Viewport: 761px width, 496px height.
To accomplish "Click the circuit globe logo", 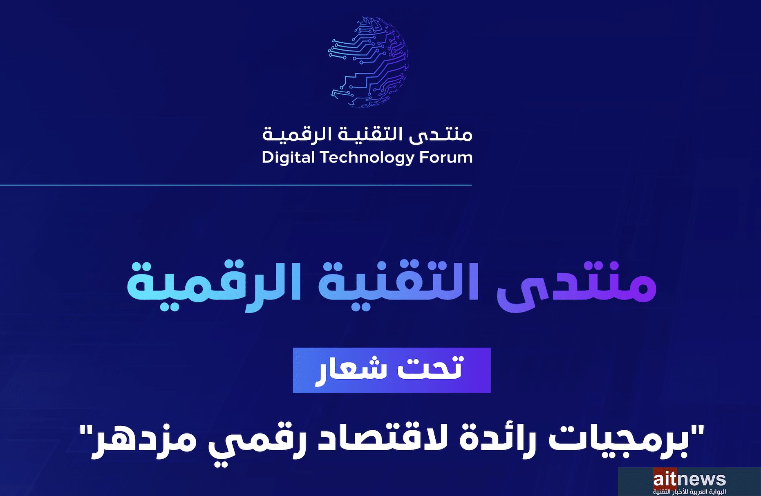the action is pyautogui.click(x=368, y=62).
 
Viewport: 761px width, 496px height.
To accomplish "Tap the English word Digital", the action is pyautogui.click(x=288, y=158).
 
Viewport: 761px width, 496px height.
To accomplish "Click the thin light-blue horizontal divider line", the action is pyautogui.click(x=236, y=185).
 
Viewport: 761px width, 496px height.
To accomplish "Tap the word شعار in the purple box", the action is pyautogui.click(x=351, y=370).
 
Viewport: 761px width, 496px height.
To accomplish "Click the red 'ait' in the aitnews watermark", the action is pyautogui.click(x=665, y=479).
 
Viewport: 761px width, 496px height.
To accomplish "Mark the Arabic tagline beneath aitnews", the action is pyautogui.click(x=689, y=492).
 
